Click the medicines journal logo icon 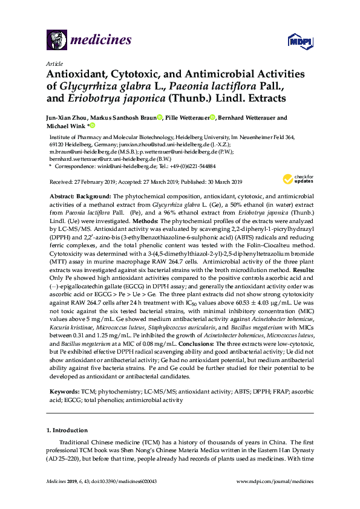pyautogui.click(x=56, y=41)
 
